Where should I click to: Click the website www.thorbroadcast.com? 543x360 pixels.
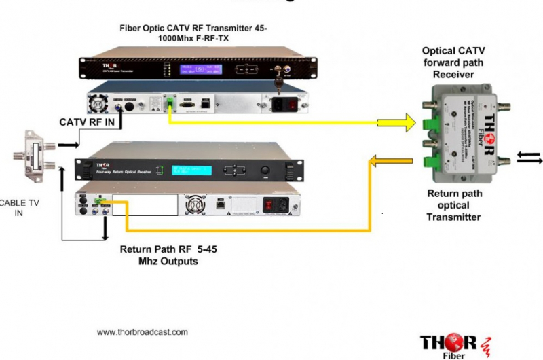(142, 332)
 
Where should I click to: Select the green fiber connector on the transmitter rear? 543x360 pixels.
(168, 104)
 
